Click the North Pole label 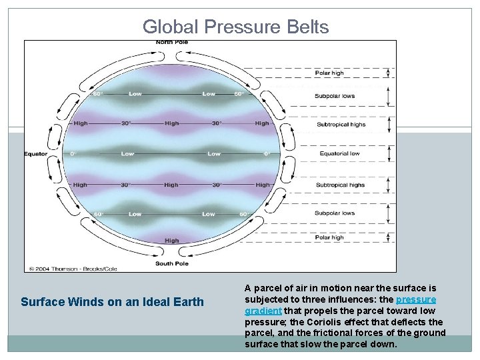(172, 43)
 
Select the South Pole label (172, 263)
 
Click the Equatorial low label (340, 154)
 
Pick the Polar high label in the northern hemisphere (329, 73)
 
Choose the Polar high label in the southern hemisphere (329, 237)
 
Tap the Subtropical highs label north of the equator (341, 125)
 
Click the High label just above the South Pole (172, 241)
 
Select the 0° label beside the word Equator (73, 154)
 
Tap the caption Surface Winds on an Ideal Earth (112, 302)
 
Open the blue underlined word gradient (263, 311)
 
